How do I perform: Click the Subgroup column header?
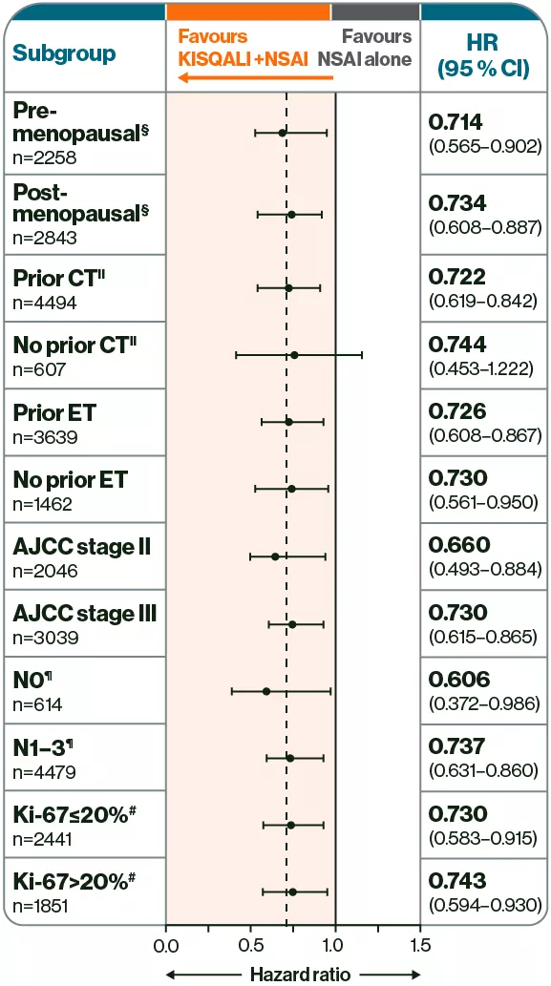click(x=65, y=52)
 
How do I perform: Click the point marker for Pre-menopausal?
click(x=283, y=133)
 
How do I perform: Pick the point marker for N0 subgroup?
click(x=266, y=691)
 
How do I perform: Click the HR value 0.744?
click(x=458, y=344)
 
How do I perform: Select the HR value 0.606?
click(x=459, y=680)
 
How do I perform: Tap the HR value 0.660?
click(x=459, y=545)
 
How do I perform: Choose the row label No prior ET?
click(x=71, y=479)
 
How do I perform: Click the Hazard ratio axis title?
click(x=293, y=974)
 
